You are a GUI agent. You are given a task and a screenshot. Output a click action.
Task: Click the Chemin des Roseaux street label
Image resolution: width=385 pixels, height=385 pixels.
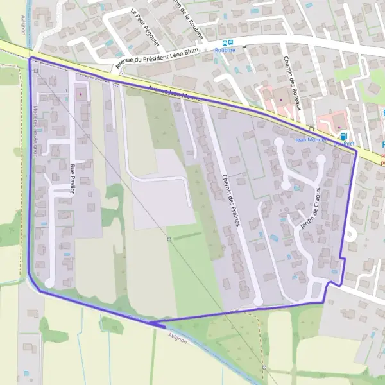[x=293, y=83]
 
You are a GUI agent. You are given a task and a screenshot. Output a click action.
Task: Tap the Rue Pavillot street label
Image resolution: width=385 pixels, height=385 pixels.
[x=71, y=179]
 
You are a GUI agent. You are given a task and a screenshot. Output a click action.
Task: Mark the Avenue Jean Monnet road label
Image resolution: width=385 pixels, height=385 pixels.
[x=175, y=96]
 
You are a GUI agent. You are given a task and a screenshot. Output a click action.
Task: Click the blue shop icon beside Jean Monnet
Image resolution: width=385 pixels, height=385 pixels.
[x=344, y=136]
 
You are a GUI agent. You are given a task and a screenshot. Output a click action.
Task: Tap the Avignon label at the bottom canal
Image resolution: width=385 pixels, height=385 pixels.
[x=176, y=337]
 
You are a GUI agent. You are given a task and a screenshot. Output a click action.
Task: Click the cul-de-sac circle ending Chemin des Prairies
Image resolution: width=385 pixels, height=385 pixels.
[x=258, y=301]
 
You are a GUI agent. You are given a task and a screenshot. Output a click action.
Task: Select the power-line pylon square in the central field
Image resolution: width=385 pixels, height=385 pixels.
[x=168, y=239]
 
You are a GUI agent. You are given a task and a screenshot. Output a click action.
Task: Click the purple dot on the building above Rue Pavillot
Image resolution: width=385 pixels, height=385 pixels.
[x=80, y=95]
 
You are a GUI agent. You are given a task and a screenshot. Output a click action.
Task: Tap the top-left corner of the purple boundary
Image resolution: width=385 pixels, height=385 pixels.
[x=30, y=58]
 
